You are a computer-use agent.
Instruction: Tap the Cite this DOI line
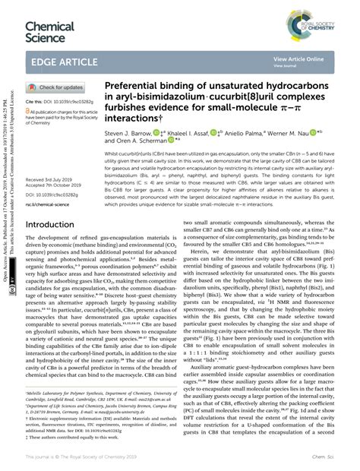pyautogui.click(x=57, y=101)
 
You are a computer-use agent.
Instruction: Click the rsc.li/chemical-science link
pyautogui.click(x=51, y=204)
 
